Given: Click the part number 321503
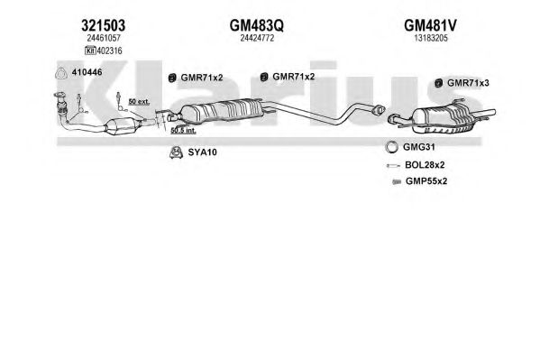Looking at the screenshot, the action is click(x=104, y=25).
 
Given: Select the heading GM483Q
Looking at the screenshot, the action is click(x=257, y=25).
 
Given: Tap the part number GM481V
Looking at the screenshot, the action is click(x=430, y=25).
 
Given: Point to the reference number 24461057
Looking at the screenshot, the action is click(x=104, y=38).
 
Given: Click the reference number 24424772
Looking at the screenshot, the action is click(x=257, y=38).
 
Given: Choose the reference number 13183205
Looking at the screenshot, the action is click(x=431, y=38).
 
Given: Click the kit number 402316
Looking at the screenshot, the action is click(x=109, y=51).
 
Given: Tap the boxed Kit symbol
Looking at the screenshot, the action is click(x=90, y=51).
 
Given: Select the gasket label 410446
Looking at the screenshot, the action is click(x=87, y=72).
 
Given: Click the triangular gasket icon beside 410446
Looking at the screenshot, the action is click(x=61, y=73).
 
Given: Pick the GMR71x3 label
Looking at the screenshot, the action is click(x=468, y=83).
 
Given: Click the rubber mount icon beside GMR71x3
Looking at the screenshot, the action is click(x=438, y=83).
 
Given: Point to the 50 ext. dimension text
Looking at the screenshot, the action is click(x=139, y=101).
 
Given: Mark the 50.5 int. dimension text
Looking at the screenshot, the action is click(x=183, y=130).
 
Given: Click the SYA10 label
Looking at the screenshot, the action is click(x=203, y=152).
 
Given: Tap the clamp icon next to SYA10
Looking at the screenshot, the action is click(x=176, y=152).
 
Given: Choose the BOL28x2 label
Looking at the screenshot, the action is click(x=425, y=165).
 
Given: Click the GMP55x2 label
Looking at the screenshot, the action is click(x=426, y=181).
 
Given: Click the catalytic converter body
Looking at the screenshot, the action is click(x=121, y=126).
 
